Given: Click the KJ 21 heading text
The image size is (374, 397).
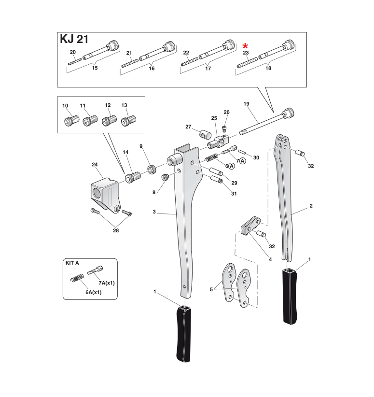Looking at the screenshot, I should click(74, 40).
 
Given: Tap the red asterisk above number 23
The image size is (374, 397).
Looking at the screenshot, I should click(245, 46).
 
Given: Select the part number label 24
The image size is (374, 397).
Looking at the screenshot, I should click(95, 165).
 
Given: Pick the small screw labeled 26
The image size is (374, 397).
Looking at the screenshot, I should click(224, 128).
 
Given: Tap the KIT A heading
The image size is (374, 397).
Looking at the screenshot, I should click(72, 263).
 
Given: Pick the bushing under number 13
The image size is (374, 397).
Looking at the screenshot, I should click(128, 121).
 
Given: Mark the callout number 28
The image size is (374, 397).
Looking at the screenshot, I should click(116, 230).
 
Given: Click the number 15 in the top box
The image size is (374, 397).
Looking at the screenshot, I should click(95, 68).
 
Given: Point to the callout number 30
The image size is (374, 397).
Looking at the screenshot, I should click(256, 157).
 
